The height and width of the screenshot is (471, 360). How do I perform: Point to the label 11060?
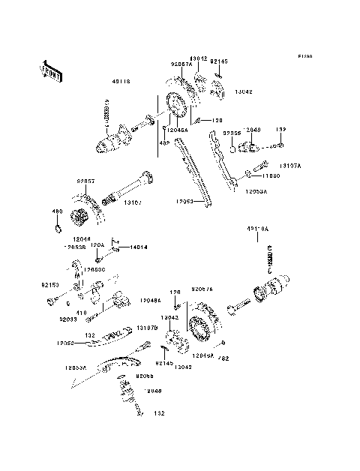(x=271, y=175)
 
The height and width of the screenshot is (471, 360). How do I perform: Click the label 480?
(x=55, y=211)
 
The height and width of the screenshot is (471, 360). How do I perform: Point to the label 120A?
(x=98, y=244)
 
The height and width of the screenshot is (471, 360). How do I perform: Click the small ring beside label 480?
(x=56, y=221)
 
